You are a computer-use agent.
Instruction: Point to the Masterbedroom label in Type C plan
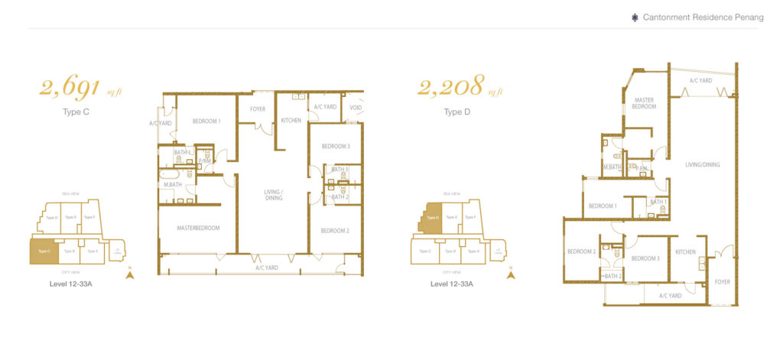[x=198, y=228]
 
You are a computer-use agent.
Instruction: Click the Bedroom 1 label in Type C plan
[x=206, y=122]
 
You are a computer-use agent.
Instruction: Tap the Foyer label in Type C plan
[x=258, y=109]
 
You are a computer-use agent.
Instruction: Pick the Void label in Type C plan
[x=355, y=108]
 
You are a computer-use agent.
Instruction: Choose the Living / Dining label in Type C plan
[x=273, y=194]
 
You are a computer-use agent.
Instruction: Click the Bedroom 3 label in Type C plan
[x=336, y=146]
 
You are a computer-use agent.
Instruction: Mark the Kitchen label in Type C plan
[x=291, y=121]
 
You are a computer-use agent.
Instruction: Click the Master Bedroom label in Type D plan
[x=644, y=103]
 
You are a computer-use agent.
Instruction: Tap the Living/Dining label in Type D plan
[x=703, y=164]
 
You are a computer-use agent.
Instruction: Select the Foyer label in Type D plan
[x=723, y=282]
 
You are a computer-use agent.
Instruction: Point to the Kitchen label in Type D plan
[x=685, y=251]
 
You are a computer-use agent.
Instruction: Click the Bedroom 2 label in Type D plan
[x=581, y=251]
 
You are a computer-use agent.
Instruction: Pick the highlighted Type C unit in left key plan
[x=43, y=251]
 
